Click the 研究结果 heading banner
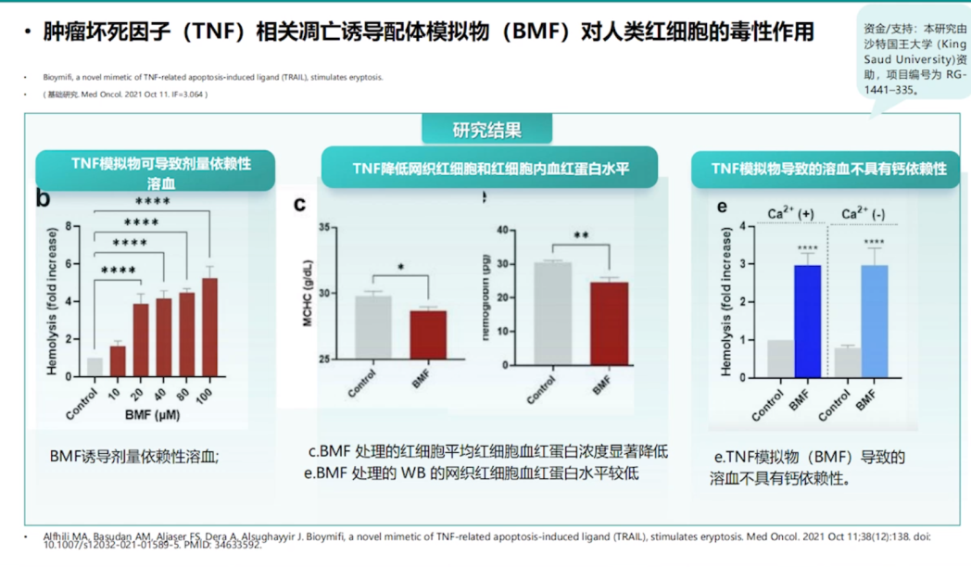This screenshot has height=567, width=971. (x=486, y=130)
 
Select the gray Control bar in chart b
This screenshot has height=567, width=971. (x=95, y=367)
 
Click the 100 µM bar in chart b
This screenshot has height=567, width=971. (x=210, y=327)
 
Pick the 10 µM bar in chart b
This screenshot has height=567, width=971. (x=118, y=360)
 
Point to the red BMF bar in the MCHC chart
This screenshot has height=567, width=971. (x=428, y=334)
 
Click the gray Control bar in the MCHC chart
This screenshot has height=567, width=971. (x=373, y=327)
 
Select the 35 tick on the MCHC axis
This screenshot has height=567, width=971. (x=324, y=227)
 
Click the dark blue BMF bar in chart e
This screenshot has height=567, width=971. (x=807, y=321)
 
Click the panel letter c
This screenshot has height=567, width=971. (x=299, y=204)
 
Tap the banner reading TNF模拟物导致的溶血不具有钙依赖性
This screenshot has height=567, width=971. (x=829, y=169)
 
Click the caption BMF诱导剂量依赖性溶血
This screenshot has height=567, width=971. (x=134, y=456)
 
